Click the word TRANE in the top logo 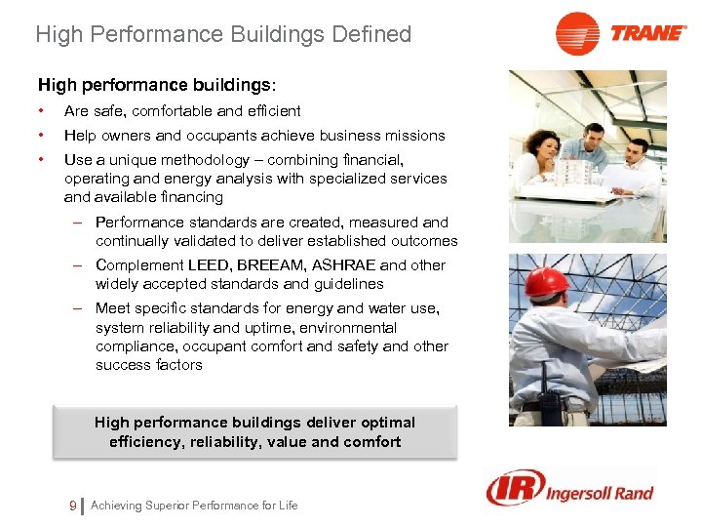[647, 32]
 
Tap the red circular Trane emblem [577, 33]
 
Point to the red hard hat [546, 283]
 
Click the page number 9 [73, 505]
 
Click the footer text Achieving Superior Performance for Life [194, 506]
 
